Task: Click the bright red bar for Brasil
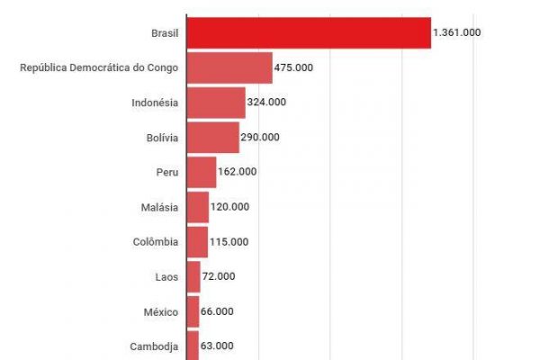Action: [x=309, y=32]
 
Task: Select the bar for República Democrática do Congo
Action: [x=229, y=67]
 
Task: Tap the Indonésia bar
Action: [x=216, y=103]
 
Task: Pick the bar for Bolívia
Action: [x=212, y=138]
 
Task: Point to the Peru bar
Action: [x=202, y=172]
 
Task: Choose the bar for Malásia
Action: [x=197, y=207]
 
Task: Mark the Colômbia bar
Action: [x=197, y=241]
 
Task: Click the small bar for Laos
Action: [x=193, y=276]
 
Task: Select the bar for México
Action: [x=193, y=311]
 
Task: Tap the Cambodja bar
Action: [x=193, y=346]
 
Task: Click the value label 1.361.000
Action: [x=456, y=32]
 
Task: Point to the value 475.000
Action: [x=294, y=67]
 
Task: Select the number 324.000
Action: [x=267, y=103]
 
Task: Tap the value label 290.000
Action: [x=260, y=138]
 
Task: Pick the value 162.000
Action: [x=238, y=172]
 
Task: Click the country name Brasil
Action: [x=165, y=32]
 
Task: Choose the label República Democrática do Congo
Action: [x=99, y=67]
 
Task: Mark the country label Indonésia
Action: [x=155, y=103]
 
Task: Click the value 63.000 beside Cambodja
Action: [x=218, y=346]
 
